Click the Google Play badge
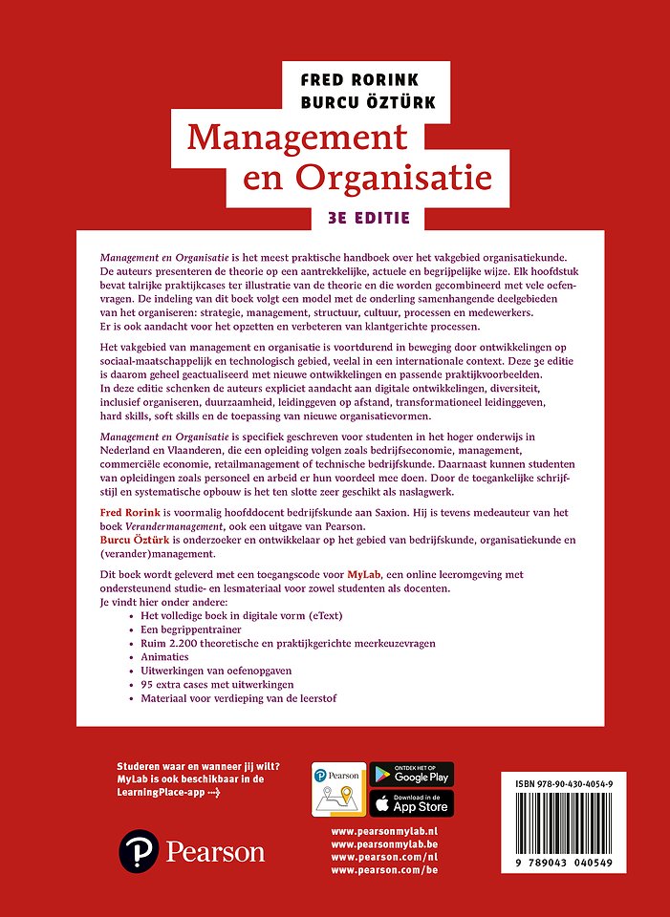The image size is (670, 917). tap(411, 774)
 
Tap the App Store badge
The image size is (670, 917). tap(411, 803)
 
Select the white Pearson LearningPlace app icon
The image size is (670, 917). tap(338, 788)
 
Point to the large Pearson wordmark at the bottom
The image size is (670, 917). tap(216, 850)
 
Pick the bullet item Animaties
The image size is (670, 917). tap(165, 657)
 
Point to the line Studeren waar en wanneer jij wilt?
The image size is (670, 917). tap(197, 766)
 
